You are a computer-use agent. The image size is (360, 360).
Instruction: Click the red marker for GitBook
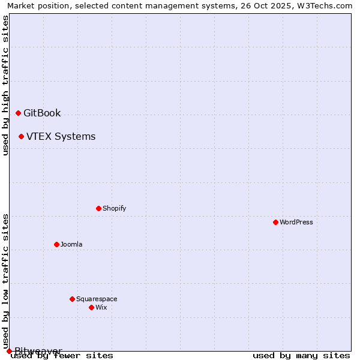[18, 113]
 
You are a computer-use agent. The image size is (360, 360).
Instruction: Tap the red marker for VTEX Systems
[21, 136]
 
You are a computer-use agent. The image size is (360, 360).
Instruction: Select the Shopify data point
[98, 208]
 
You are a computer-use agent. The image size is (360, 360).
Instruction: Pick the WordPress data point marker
[275, 222]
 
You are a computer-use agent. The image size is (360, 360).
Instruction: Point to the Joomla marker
[56, 244]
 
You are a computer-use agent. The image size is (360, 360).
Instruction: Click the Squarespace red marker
[72, 299]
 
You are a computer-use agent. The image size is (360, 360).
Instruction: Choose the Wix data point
[91, 307]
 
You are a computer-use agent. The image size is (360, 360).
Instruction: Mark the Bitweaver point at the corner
[9, 351]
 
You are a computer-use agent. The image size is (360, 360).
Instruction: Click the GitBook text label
[42, 113]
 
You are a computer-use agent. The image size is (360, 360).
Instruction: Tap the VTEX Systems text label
[61, 136]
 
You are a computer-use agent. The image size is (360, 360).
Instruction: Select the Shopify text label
[114, 208]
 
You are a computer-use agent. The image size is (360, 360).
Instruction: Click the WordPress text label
[296, 222]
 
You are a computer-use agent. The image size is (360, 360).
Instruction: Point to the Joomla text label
[71, 244]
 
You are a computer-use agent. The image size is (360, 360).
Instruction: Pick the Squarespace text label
[97, 299]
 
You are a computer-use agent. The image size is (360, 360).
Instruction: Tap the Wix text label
[101, 307]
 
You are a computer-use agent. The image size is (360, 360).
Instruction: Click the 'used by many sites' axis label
[301, 356]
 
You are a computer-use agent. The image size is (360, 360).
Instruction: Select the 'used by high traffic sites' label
[5, 85]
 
